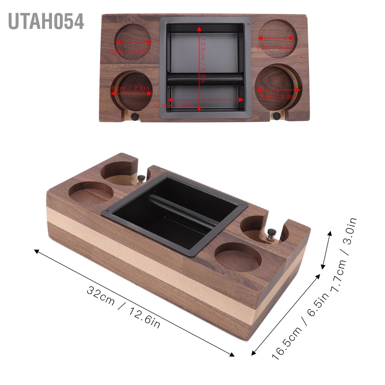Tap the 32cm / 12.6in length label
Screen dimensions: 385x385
(124, 307)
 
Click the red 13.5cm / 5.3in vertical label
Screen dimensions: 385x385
(202, 60)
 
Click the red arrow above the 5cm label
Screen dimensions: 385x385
(132, 42)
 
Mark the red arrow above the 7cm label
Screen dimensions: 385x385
(278, 90)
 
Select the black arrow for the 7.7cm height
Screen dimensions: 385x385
(326, 250)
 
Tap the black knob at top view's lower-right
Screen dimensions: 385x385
(276, 116)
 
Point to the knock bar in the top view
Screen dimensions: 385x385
(205, 79)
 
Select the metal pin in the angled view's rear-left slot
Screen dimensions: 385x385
(141, 179)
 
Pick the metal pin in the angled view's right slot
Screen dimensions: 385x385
(271, 234)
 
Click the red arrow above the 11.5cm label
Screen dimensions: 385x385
(206, 100)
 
